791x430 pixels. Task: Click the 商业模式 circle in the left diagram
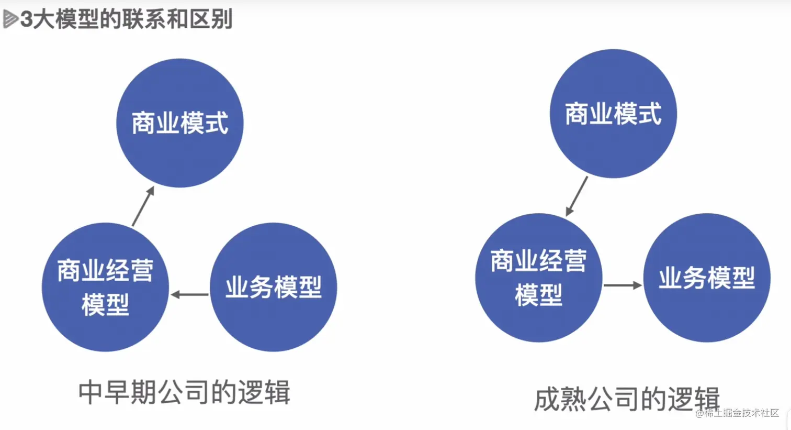point(179,123)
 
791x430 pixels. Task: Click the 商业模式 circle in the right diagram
point(613,114)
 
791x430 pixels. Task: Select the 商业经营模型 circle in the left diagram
point(105,287)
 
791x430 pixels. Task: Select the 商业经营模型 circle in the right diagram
point(538,278)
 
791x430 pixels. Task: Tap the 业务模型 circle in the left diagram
point(273,287)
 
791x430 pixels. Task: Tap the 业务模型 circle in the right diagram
point(706,278)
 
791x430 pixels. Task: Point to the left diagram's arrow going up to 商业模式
point(143,206)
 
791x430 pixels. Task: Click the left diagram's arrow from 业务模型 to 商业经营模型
point(189,294)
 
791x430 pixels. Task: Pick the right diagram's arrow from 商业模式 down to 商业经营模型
point(577,196)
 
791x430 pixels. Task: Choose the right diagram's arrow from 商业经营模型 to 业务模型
point(623,285)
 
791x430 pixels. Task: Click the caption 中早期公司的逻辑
point(184,392)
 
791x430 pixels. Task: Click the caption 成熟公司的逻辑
point(627,400)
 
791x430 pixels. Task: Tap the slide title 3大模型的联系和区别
point(126,19)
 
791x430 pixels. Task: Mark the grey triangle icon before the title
point(10,19)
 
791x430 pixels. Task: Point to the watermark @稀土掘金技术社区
point(737,413)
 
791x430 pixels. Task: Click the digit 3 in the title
point(26,20)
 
